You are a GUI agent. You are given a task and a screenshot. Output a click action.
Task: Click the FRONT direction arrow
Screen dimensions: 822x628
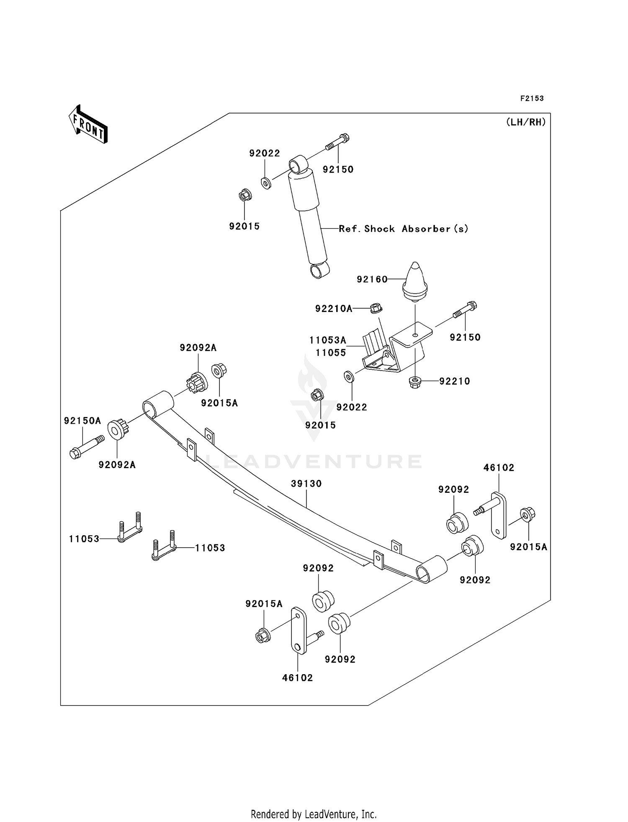point(88,124)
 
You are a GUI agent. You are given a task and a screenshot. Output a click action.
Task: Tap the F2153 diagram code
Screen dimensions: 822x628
point(532,98)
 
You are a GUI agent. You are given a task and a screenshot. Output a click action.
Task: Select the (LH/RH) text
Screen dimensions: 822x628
point(526,122)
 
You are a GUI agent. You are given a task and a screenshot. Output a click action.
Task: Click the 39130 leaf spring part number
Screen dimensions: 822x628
point(306,484)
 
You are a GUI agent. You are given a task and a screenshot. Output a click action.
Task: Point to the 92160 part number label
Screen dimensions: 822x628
point(372,279)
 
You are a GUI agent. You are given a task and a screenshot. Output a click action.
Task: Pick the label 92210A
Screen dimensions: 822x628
point(334,309)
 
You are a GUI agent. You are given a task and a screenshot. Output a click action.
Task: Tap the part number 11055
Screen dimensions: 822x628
point(331,353)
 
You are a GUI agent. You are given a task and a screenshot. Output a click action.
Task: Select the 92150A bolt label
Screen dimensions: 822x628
point(82,420)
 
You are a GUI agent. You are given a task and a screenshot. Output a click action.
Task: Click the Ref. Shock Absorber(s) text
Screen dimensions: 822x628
point(403,229)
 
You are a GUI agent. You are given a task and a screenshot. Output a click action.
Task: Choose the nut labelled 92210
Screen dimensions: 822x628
point(414,382)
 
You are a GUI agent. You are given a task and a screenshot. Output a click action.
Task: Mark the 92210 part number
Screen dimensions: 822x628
point(455,381)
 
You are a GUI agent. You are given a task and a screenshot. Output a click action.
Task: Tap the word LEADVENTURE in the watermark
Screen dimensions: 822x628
point(314,461)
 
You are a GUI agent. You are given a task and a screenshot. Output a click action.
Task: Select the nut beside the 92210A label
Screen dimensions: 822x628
point(376,309)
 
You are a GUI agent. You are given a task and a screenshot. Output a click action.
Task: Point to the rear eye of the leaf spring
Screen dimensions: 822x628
point(432,569)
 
